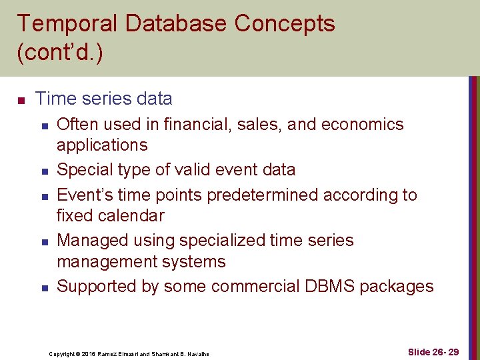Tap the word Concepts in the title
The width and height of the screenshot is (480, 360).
(285, 24)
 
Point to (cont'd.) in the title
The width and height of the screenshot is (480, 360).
(60, 53)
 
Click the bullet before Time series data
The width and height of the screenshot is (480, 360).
(21, 100)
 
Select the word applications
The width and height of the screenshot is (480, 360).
(102, 145)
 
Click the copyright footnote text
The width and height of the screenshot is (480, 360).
(129, 354)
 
